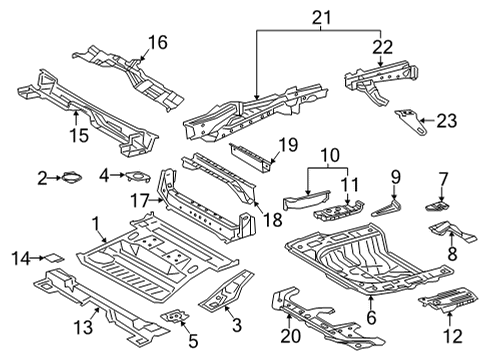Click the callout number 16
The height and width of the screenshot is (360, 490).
click(158, 41)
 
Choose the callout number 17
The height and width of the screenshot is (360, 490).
click(139, 200)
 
